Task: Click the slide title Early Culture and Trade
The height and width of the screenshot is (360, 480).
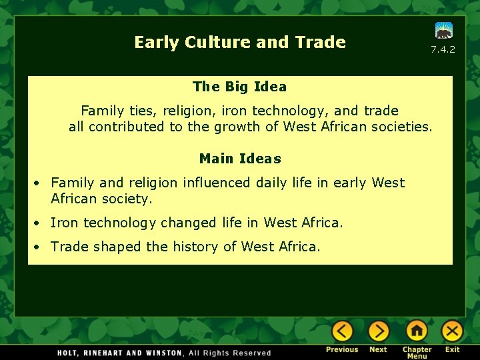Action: pos(240,43)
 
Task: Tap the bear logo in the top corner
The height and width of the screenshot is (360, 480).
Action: pos(443,31)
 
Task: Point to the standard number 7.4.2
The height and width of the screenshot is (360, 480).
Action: pos(443,49)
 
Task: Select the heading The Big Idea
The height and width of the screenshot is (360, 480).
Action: pos(239,87)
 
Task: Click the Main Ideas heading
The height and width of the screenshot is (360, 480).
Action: pos(240,159)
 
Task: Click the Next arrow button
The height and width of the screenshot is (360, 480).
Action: pos(378,331)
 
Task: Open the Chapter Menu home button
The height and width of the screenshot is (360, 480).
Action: pos(417,331)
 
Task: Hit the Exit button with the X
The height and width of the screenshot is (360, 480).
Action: pos(453,331)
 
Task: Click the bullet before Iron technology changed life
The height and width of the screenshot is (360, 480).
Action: pos(40,223)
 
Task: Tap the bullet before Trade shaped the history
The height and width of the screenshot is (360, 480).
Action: pos(40,247)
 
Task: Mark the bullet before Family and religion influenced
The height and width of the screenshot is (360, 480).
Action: pos(40,183)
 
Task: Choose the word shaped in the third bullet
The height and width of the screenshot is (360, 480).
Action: pos(117,247)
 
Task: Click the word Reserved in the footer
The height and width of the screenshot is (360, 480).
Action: pos(253,353)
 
